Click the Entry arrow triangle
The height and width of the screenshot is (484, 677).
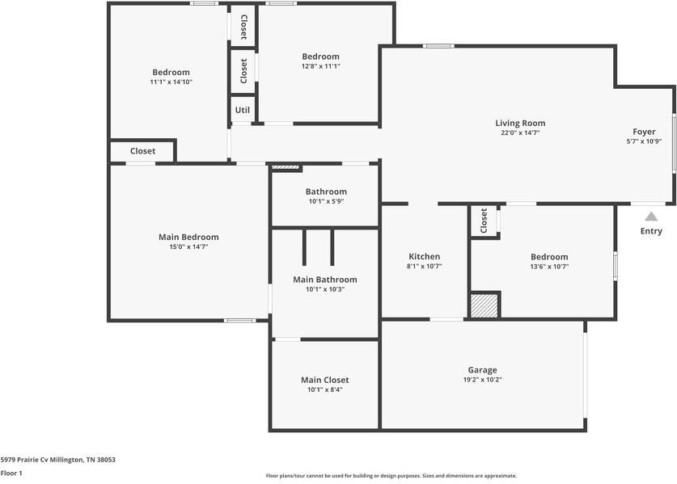point(650,217)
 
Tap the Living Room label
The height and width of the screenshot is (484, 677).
point(520,124)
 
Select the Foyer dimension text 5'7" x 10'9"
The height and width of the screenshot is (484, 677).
point(644,141)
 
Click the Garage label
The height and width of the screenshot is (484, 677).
point(482,370)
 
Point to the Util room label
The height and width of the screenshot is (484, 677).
point(242,110)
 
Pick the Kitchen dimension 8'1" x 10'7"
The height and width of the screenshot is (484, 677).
point(424,266)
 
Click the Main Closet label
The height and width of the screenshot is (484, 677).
point(324,380)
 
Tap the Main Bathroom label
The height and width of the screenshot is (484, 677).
point(324,280)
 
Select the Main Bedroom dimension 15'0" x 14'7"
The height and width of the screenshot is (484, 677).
point(188,246)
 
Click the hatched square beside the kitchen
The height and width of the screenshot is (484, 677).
point(484,305)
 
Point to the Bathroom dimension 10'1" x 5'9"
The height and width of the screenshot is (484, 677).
point(326,201)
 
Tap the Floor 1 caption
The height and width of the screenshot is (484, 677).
point(11,473)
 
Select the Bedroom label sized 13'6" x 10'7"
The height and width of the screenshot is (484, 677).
point(548,257)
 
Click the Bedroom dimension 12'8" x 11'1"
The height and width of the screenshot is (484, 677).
point(320,66)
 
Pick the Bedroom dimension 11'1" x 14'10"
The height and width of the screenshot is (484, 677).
point(171,82)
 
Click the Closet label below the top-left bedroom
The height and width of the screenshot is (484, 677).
point(142,151)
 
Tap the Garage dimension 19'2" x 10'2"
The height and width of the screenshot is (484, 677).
point(482,380)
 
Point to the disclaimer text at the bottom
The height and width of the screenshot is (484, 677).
point(391,476)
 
